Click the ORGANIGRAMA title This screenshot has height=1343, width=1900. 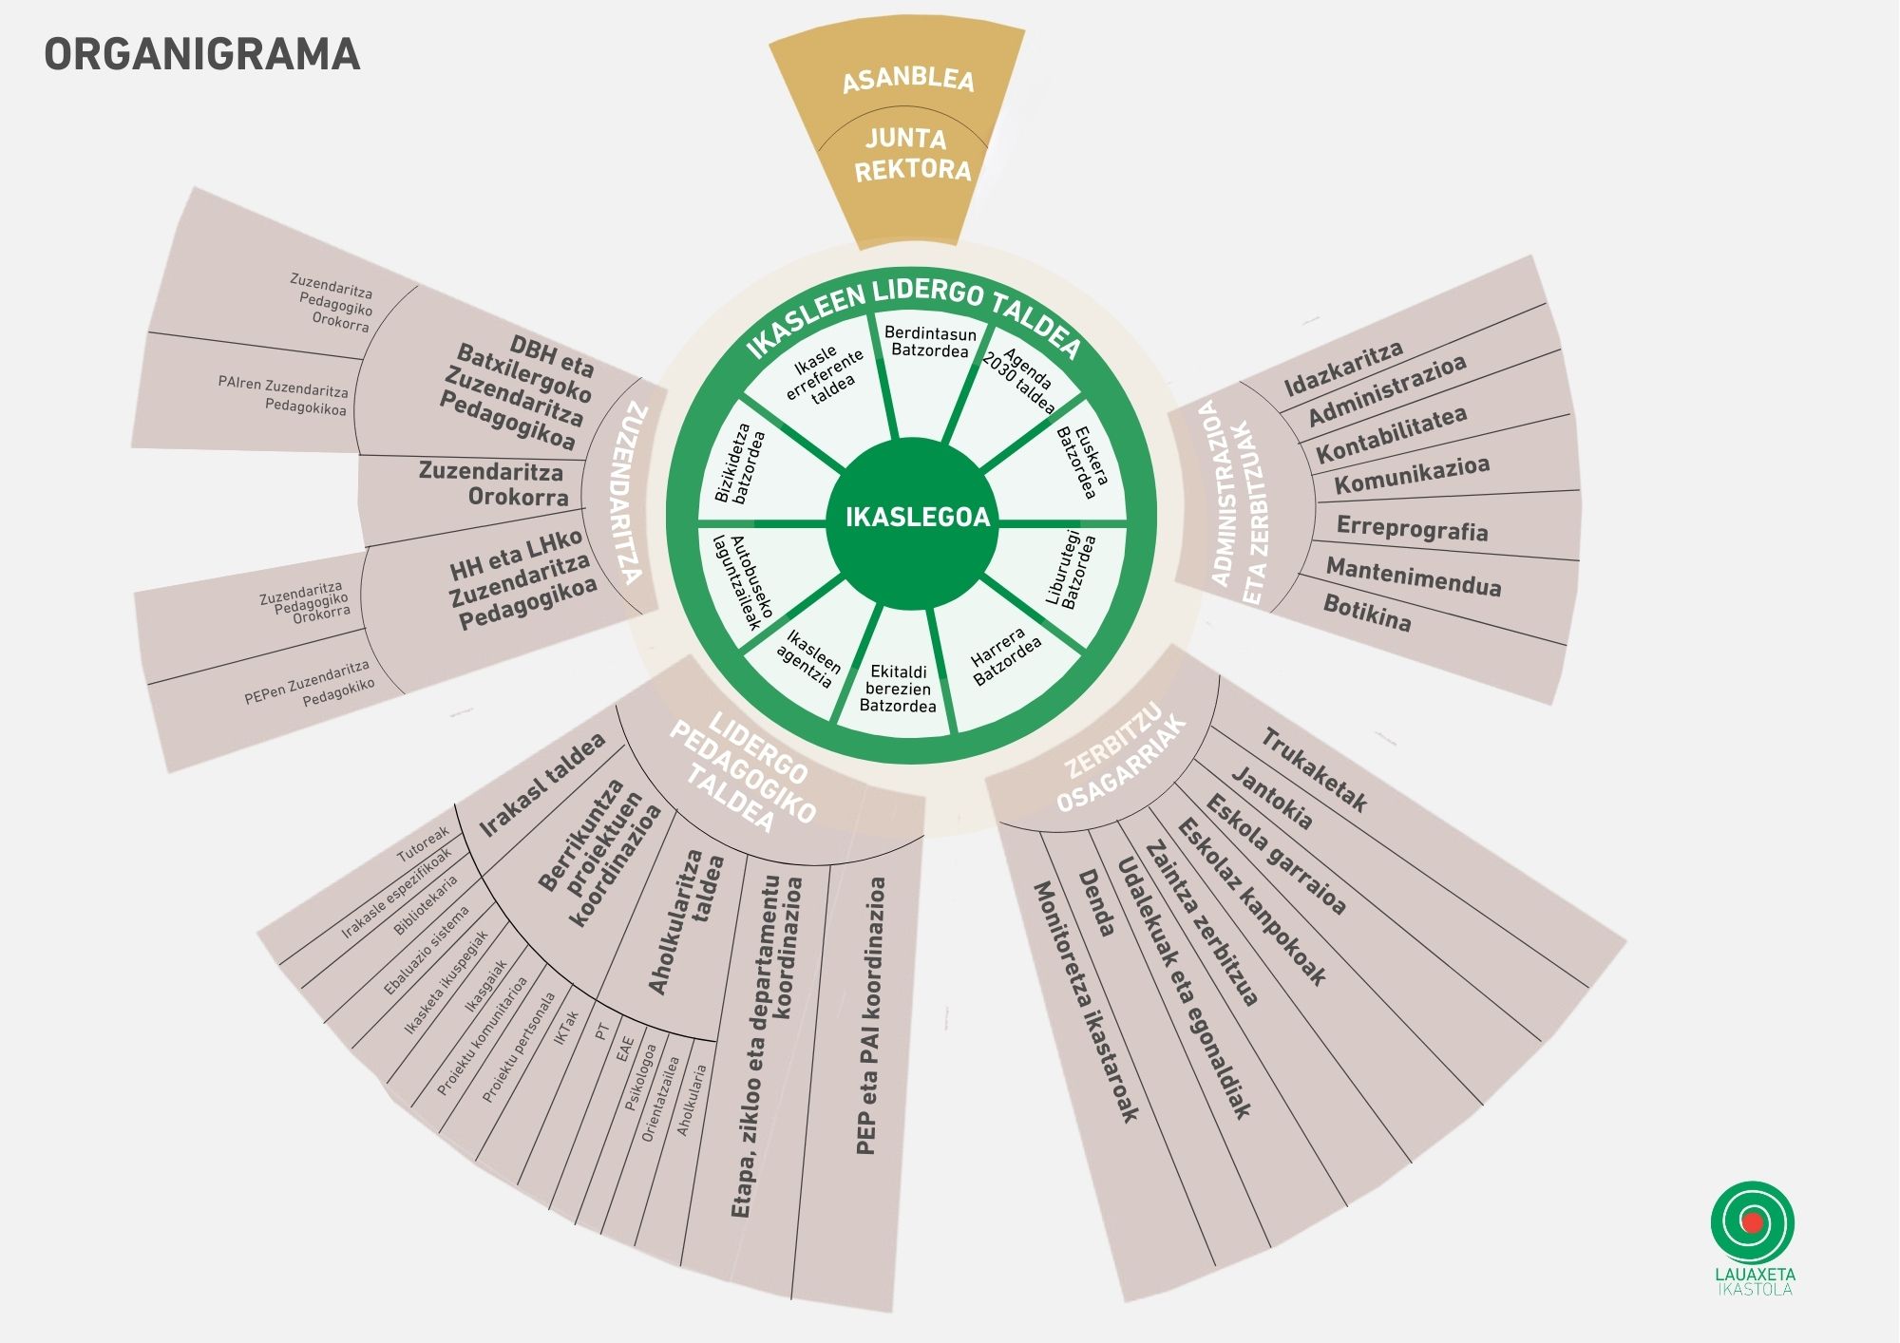[202, 54]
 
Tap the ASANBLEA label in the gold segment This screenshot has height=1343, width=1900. [908, 79]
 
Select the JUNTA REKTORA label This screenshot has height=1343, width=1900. [910, 154]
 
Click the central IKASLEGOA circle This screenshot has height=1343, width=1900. [917, 518]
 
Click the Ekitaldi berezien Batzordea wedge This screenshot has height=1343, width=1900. [898, 689]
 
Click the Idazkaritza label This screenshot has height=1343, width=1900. [1343, 369]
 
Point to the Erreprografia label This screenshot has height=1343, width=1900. [1412, 528]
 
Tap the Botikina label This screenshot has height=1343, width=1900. [1367, 613]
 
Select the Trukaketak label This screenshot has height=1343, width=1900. [1314, 770]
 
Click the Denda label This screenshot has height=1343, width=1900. [1096, 903]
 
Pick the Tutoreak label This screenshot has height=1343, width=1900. [424, 843]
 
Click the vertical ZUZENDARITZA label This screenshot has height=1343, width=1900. [631, 493]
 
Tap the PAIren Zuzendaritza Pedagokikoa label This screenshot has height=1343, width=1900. [284, 397]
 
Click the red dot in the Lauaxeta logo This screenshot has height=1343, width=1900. [1753, 1222]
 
